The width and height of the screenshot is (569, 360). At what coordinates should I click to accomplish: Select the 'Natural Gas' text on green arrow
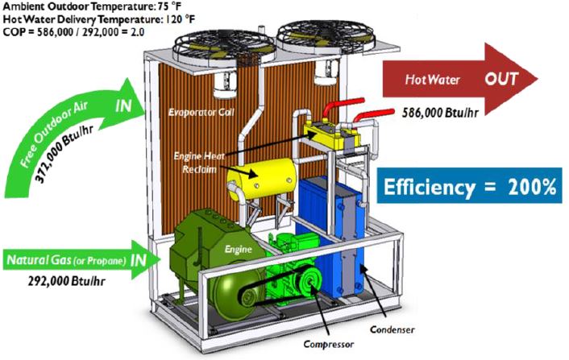[36, 261]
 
